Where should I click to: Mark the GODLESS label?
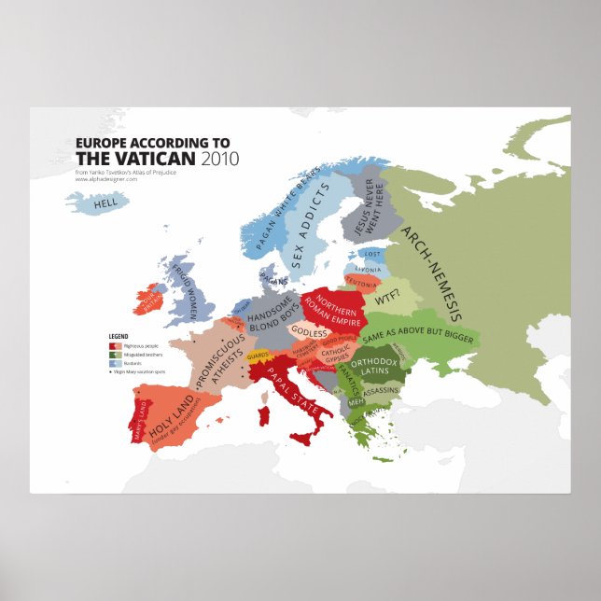[x=309, y=332]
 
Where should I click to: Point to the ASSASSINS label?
[x=381, y=393]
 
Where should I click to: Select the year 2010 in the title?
[x=224, y=158]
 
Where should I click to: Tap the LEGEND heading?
[x=119, y=334]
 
